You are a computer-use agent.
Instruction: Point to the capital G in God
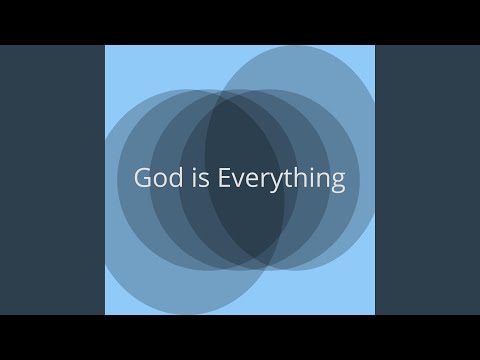coord(143,179)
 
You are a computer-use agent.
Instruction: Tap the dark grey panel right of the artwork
coord(427,180)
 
